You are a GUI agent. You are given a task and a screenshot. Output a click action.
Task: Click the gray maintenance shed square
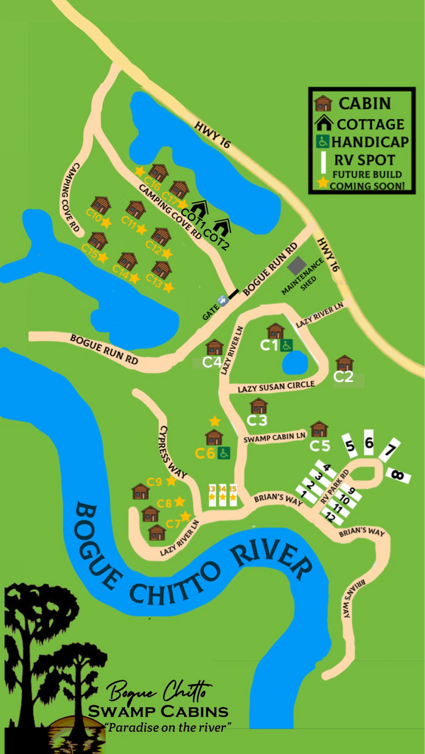297,266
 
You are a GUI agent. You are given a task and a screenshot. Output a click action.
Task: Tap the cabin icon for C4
214,348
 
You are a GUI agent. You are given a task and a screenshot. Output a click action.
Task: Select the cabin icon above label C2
344,364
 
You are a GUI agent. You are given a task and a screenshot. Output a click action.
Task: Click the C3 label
257,420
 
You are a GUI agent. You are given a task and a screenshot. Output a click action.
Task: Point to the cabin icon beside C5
319,429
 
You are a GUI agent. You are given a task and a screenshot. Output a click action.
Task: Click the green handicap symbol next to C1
287,345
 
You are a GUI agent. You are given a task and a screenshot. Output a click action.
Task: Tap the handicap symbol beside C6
224,453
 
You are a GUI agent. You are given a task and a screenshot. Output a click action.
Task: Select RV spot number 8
399,476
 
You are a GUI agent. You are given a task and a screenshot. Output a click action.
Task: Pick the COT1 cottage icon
199,209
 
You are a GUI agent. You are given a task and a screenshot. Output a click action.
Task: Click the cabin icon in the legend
324,103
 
